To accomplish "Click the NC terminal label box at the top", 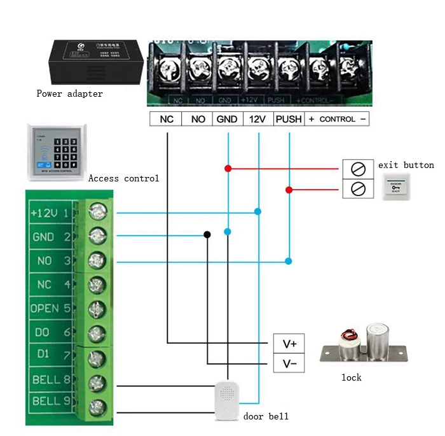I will (166, 119).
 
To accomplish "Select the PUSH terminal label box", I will (289, 119).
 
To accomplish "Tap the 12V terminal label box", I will (257, 119).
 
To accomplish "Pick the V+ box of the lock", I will (289, 344).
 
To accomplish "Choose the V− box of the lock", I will (289, 364).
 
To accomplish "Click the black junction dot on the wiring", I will (207, 235).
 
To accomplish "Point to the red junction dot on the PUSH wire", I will (289, 190).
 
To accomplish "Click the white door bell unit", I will (226, 400).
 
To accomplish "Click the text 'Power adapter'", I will (69, 94).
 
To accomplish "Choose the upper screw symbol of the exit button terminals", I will (358, 169).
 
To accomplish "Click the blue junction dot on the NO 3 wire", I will (289, 261).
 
